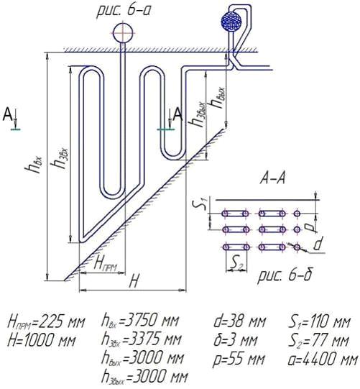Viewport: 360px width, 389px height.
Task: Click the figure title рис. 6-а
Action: coord(124,12)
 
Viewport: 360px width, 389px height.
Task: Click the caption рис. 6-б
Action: coord(285,276)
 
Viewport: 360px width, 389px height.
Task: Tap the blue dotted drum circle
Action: coord(231,21)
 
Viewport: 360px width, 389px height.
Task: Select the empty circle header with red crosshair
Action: coord(123,33)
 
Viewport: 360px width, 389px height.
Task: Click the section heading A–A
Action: coord(273,178)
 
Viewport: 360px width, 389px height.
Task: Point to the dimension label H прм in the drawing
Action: coord(105,265)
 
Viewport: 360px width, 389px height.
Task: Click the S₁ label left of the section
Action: coord(202,203)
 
